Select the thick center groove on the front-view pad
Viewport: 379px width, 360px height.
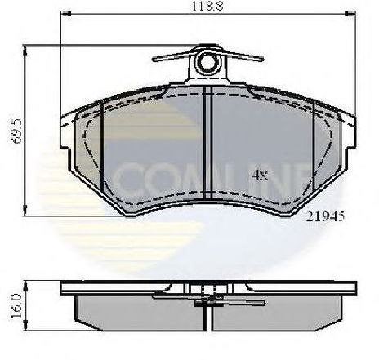click(x=209, y=143)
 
